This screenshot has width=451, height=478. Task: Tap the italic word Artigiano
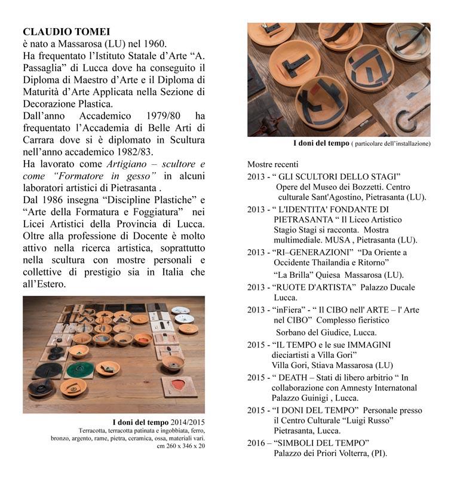coord(127,163)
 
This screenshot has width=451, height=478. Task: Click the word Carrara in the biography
coord(41,139)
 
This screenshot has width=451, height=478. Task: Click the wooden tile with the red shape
coord(179,386)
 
